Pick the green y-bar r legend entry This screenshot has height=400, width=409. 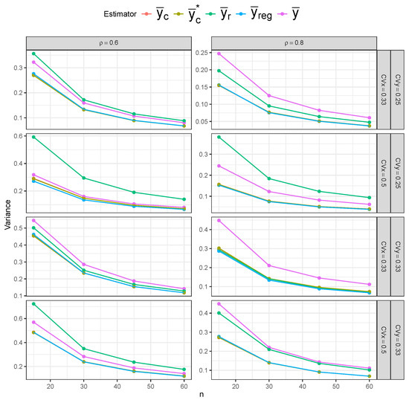tap(251, 13)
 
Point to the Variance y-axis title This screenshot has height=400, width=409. tap(7, 216)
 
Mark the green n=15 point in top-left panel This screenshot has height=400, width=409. tap(33, 54)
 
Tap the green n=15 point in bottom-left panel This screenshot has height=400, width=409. tap(33, 303)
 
